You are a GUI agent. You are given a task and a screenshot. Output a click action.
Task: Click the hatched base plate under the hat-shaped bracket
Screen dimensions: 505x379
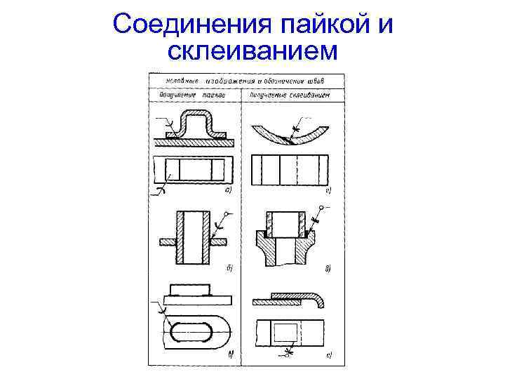pos(194,141)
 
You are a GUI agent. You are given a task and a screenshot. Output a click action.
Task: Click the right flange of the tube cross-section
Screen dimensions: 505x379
pos(218,242)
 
